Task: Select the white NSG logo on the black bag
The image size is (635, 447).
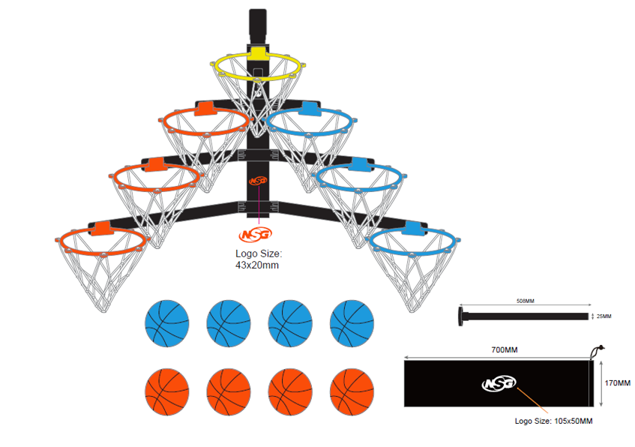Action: click(x=499, y=383)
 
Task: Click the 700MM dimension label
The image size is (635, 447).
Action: click(x=505, y=349)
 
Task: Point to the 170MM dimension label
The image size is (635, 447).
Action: click(x=617, y=383)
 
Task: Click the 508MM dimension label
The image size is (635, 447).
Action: click(x=526, y=301)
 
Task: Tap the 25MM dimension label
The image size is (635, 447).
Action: click(x=604, y=316)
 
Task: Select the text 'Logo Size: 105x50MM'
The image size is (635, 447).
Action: click(x=553, y=421)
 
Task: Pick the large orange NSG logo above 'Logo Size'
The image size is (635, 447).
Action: click(x=256, y=234)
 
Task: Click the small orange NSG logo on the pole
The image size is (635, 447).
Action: click(x=258, y=181)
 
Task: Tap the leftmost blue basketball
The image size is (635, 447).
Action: click(x=167, y=323)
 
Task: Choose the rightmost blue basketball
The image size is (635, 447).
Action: click(x=352, y=323)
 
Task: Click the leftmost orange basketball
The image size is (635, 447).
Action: click(x=167, y=392)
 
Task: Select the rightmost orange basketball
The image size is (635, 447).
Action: click(x=352, y=392)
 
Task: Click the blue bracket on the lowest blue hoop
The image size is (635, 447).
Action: click(x=412, y=228)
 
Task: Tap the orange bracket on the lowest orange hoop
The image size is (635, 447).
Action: click(x=102, y=228)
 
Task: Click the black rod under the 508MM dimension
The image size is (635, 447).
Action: click(x=523, y=316)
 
